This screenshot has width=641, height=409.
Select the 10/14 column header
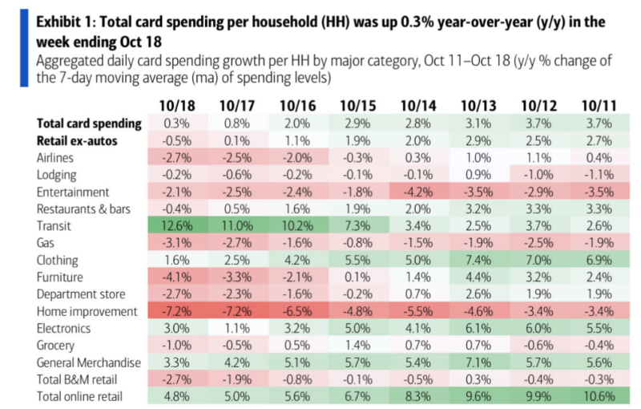[x=417, y=104]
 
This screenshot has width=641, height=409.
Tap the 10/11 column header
[x=597, y=104]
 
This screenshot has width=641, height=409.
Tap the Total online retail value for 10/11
[x=597, y=395]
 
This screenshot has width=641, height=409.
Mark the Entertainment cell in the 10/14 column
[x=417, y=192]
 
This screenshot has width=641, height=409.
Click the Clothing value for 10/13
[x=477, y=261]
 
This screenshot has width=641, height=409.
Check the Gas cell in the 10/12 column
[x=537, y=244]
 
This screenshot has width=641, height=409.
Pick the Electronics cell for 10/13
[x=477, y=328]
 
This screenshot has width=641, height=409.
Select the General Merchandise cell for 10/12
[x=537, y=362]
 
